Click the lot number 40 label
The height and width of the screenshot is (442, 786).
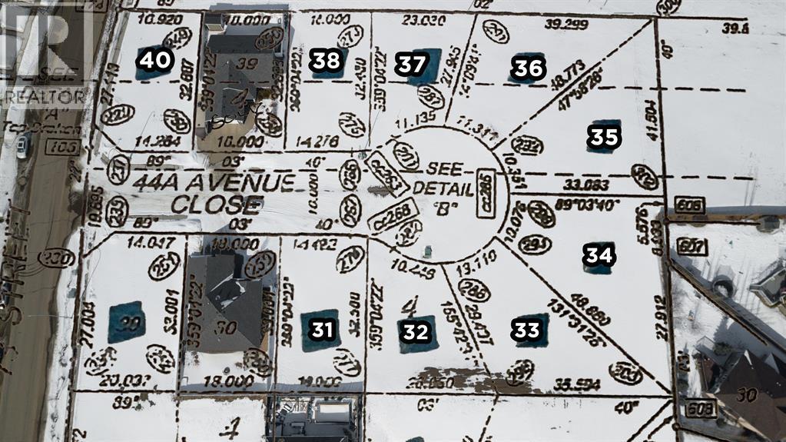click(155, 59)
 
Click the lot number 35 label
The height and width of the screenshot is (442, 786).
click(603, 137)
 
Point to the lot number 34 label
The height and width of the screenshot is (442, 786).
click(597, 254)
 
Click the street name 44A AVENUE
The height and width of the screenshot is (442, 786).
click(214, 183)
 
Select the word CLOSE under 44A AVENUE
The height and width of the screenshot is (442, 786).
click(217, 204)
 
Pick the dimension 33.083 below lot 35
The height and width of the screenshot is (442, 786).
click(586, 185)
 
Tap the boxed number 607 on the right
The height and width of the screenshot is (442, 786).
click(691, 246)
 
